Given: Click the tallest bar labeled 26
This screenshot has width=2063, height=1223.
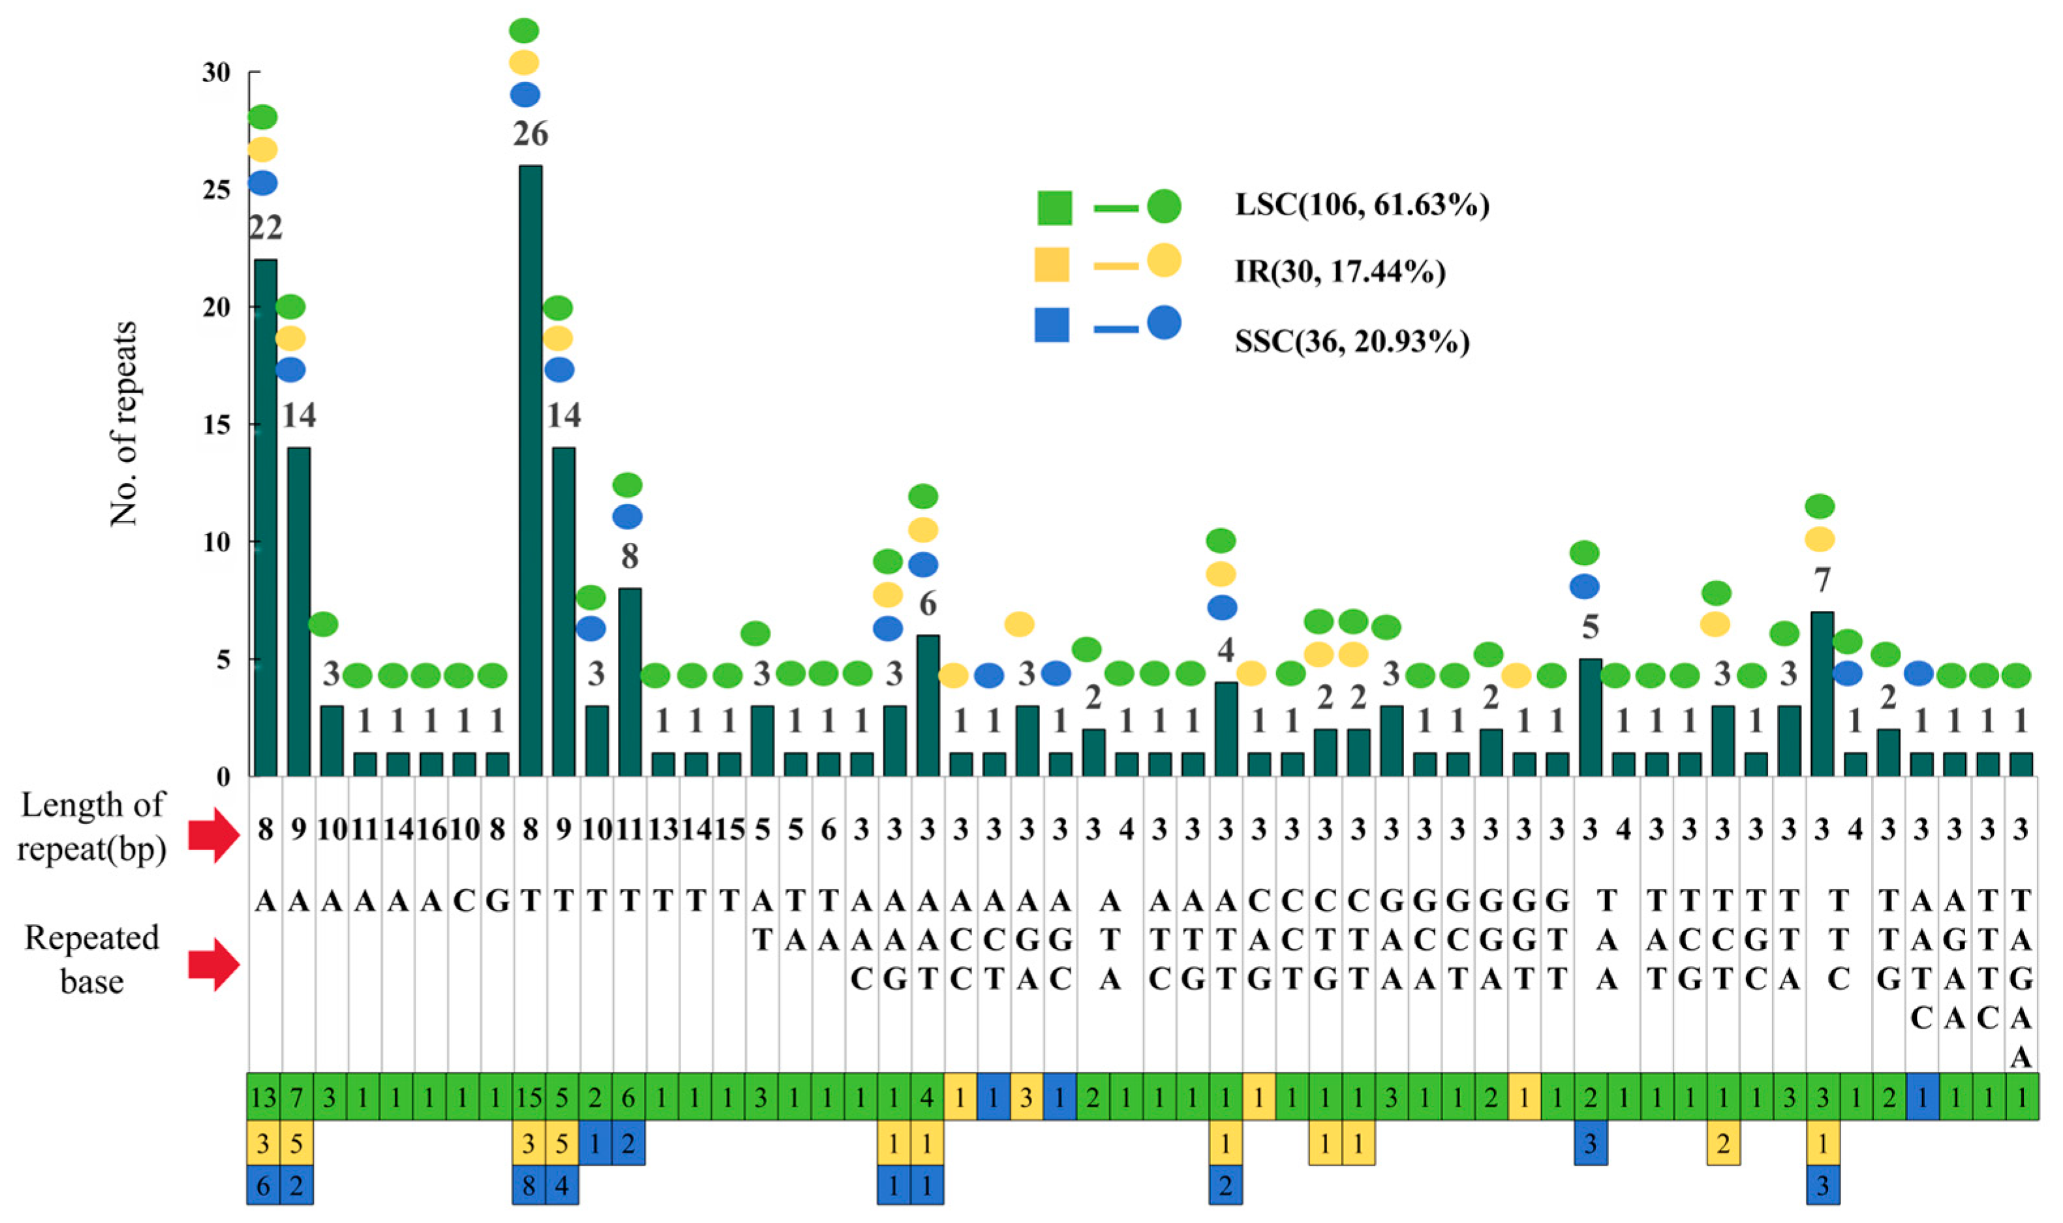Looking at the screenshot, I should click(x=530, y=470).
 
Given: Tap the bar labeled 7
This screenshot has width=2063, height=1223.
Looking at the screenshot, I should click(x=1822, y=693).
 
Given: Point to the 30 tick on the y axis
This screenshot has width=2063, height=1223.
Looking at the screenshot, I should click(x=216, y=72).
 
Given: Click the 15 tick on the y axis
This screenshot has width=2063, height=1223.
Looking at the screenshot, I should click(x=216, y=425).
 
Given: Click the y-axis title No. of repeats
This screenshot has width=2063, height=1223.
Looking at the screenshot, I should click(x=124, y=424).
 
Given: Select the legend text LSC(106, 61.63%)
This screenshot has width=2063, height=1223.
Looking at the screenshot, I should click(x=1362, y=205).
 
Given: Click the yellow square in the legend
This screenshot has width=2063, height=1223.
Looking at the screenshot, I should click(x=1052, y=265).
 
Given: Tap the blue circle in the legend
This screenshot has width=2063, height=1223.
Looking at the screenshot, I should click(x=1163, y=323).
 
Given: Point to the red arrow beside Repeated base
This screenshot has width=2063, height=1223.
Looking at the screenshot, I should click(x=213, y=964).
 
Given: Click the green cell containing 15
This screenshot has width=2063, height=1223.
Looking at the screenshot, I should click(x=528, y=1098).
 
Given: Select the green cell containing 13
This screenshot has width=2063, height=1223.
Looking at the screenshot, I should click(x=264, y=1098).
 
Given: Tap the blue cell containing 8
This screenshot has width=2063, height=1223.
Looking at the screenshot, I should click(x=528, y=1185).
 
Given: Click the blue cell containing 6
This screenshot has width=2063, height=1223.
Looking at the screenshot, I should click(x=264, y=1185).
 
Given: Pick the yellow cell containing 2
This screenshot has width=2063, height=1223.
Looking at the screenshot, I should click(x=1722, y=1143).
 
